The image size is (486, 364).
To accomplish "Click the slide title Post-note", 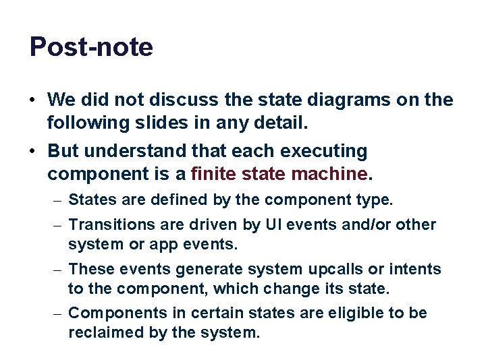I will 91,47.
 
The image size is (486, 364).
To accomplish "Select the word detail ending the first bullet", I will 281,123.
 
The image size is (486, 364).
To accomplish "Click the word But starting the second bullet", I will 63,151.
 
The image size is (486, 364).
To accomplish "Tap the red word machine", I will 330,174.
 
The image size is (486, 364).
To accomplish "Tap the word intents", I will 417,270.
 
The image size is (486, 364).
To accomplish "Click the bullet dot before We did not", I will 32,100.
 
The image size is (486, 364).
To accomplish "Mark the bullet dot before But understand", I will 32,151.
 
